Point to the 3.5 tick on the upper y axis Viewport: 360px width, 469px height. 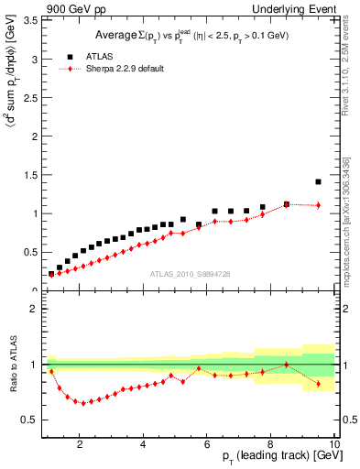click(30, 19)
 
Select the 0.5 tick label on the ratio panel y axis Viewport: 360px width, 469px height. click(30, 420)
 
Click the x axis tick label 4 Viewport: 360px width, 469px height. click(144, 445)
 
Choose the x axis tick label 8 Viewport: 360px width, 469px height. click(272, 445)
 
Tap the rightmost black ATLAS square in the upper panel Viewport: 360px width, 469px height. click(318, 181)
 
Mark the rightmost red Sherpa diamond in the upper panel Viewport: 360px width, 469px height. click(318, 205)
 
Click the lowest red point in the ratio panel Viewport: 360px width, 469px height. click(83, 403)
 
